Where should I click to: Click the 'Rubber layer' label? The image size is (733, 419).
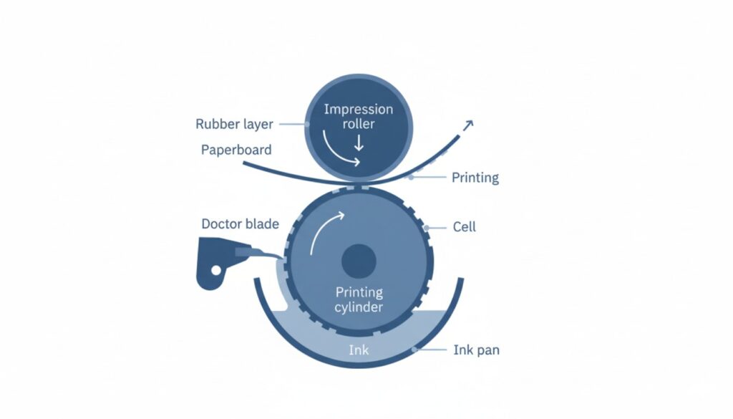click(234, 124)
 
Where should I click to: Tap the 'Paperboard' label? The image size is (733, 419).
click(236, 150)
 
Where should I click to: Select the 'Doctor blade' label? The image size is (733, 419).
click(240, 223)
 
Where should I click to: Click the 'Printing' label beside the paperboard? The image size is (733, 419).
click(475, 178)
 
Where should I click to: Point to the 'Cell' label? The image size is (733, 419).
click(464, 227)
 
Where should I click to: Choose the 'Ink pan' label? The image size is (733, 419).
click(476, 350)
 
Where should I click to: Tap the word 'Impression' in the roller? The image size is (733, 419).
click(359, 110)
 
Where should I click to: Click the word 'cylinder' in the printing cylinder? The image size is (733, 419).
click(359, 307)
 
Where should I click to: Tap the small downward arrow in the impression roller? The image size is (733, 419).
click(359, 142)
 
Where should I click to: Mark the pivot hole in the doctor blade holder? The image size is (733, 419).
click(215, 270)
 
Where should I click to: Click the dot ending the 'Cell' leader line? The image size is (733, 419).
click(427, 228)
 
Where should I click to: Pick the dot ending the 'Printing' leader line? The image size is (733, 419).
click(410, 177)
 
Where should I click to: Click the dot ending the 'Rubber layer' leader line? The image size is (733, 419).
click(307, 124)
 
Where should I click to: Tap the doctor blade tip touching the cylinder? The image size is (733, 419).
click(282, 257)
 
